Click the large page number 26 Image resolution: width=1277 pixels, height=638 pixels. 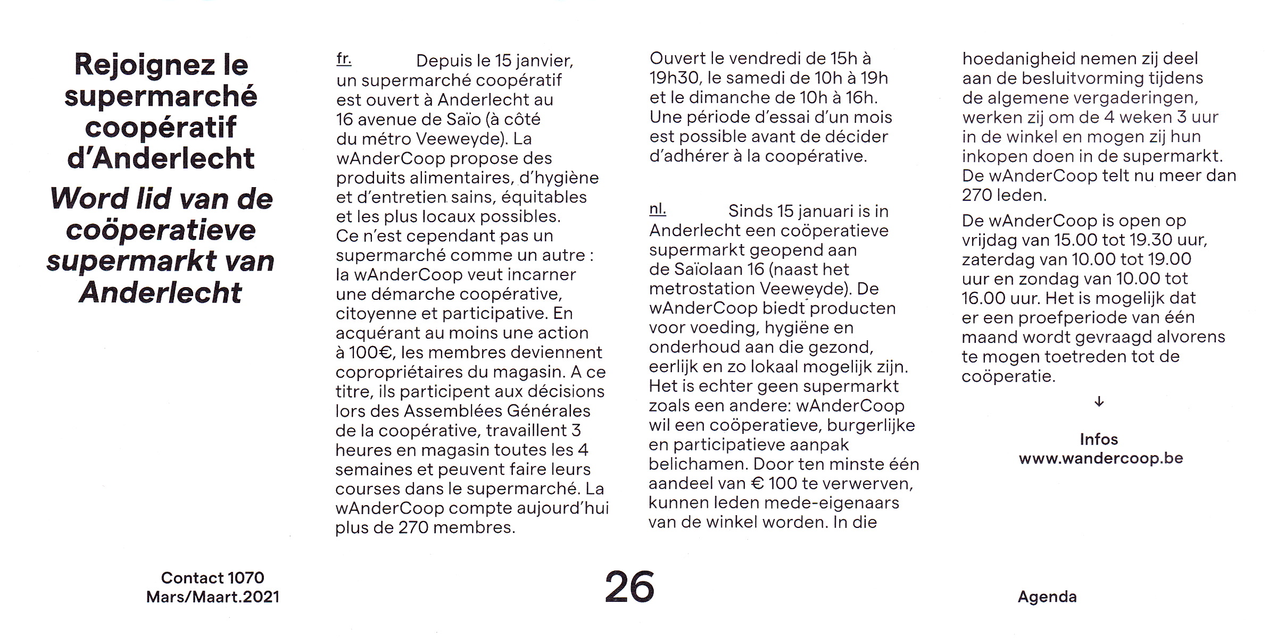pos(629,586)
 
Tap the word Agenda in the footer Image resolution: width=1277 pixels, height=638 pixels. pos(1047,597)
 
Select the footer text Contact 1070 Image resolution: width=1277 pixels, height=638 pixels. pos(212,577)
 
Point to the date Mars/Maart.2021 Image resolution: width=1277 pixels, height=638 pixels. pos(212,597)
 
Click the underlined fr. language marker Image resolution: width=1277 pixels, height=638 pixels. pos(344,58)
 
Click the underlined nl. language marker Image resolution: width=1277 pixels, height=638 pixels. pos(657,209)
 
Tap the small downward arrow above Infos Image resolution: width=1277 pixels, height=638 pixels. pos(1099,402)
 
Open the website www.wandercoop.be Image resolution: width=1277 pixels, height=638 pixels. pos(1100,458)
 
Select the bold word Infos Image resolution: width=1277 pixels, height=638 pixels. pos(1099,439)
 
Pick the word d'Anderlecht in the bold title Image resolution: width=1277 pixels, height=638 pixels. pos(161,158)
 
